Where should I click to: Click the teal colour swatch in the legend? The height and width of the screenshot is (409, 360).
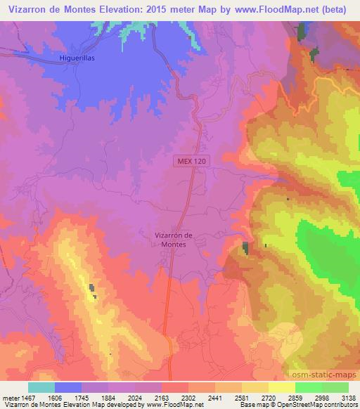[41, 387]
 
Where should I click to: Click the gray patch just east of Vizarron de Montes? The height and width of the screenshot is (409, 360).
[245, 248]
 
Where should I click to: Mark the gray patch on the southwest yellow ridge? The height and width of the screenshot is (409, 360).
[92, 287]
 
